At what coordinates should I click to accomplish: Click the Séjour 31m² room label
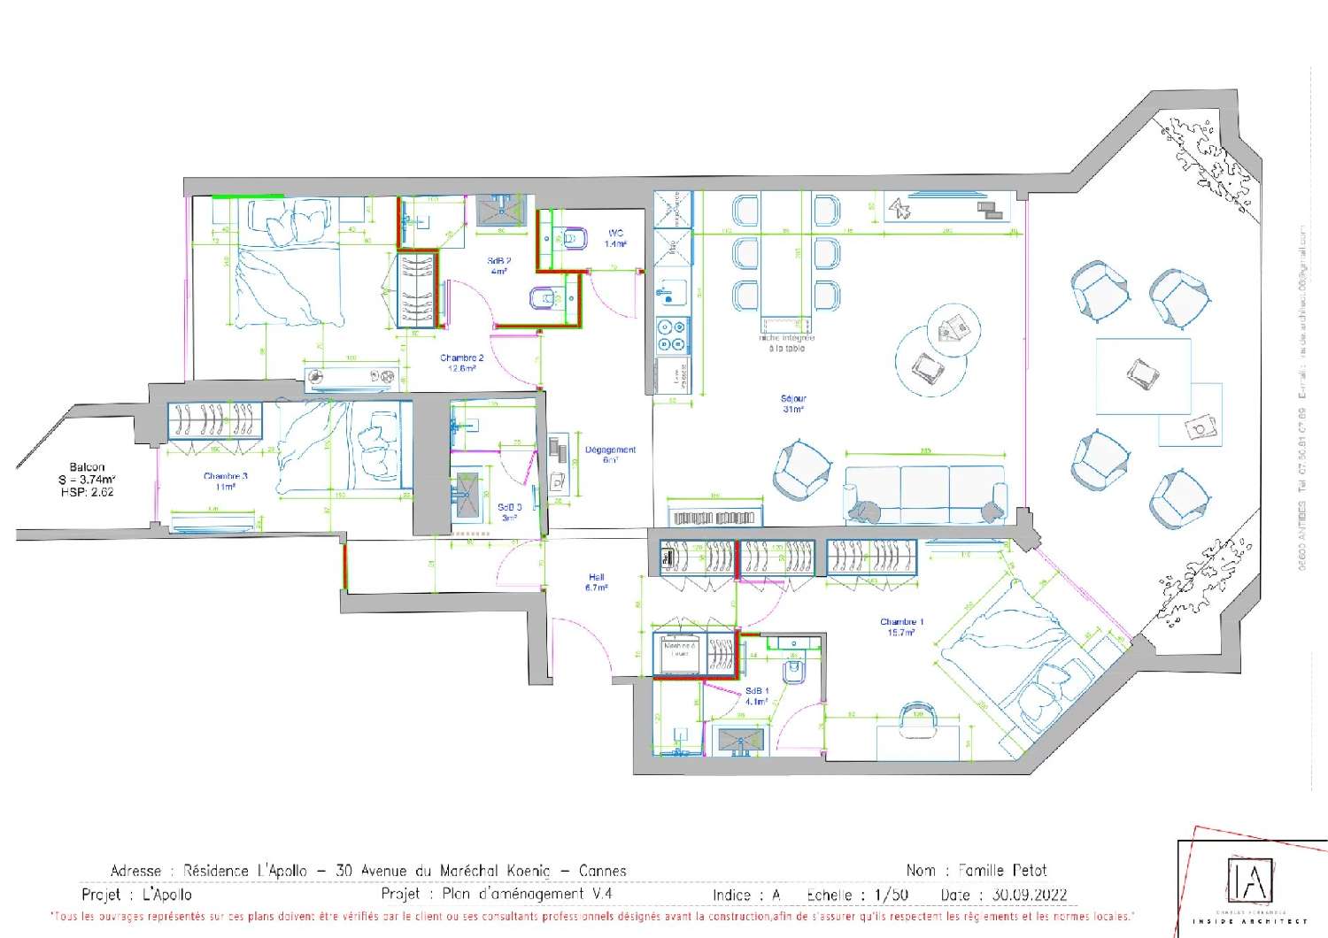pyautogui.click(x=793, y=404)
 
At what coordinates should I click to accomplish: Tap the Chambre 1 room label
pyautogui.click(x=901, y=627)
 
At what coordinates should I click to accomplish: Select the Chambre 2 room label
pyautogui.click(x=461, y=363)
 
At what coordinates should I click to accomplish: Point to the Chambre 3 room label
pyautogui.click(x=226, y=481)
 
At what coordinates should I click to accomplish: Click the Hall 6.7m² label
pyautogui.click(x=596, y=582)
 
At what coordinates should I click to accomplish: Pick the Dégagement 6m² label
pyautogui.click(x=610, y=455)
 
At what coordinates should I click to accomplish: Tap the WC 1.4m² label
pyautogui.click(x=615, y=238)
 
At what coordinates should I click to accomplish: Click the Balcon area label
pyautogui.click(x=87, y=479)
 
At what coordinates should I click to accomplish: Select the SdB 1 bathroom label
pyautogui.click(x=756, y=696)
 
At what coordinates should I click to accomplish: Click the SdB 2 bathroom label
pyautogui.click(x=498, y=265)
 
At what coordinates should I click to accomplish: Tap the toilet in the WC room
pyautogui.click(x=573, y=238)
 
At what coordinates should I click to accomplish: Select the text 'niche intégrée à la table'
pyautogui.click(x=785, y=342)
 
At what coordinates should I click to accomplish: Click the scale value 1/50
pyautogui.click(x=891, y=895)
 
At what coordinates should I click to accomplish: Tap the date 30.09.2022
pyautogui.click(x=1029, y=895)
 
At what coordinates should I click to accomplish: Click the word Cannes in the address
pyautogui.click(x=602, y=871)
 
